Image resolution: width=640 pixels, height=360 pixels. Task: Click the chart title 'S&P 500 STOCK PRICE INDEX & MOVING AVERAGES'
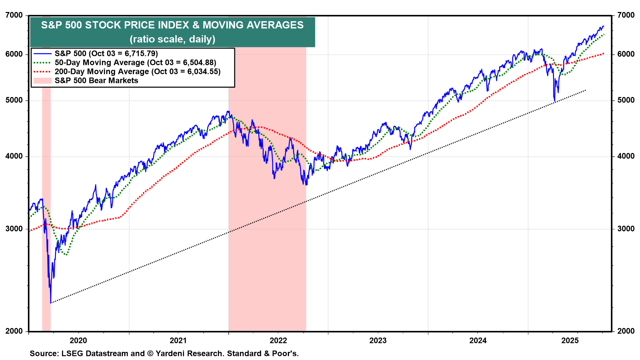click(172, 25)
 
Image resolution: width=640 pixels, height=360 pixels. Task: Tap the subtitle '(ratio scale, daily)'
click(172, 39)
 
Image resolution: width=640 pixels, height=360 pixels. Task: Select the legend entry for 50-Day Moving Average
click(135, 63)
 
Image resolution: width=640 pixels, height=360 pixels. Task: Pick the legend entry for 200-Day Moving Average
click(137, 72)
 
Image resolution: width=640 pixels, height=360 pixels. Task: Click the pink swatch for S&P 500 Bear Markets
click(42, 81)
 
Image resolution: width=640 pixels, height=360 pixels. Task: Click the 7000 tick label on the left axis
click(14, 15)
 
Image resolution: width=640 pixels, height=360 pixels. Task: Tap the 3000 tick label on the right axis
click(626, 229)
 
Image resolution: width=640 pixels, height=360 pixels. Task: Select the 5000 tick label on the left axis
click(14, 100)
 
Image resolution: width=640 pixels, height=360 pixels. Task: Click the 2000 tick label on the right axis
click(626, 331)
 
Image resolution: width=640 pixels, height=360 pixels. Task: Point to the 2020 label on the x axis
click(78, 340)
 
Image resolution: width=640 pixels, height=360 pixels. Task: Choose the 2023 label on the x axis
click(378, 340)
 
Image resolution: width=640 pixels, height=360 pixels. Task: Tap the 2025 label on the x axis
click(570, 340)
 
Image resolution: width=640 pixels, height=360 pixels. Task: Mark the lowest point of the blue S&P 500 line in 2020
click(51, 303)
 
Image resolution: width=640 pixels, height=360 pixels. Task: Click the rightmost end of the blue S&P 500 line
click(604, 26)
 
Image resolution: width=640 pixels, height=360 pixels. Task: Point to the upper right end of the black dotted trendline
click(586, 90)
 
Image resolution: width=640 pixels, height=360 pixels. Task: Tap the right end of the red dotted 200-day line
click(604, 53)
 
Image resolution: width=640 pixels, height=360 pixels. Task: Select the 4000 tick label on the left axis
click(14, 156)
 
